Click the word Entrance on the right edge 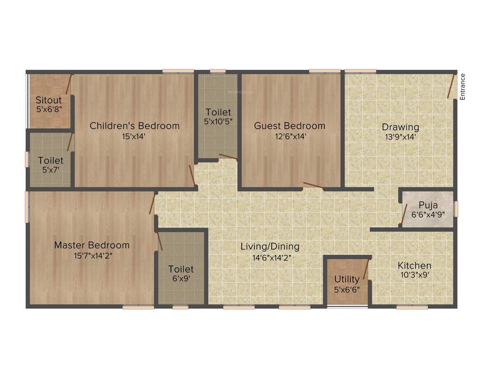[x=462, y=87]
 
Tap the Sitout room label [x=49, y=100]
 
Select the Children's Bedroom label [x=135, y=126]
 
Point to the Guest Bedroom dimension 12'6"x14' [x=290, y=136]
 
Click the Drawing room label [x=400, y=127]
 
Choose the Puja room [x=428, y=209]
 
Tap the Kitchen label [x=414, y=265]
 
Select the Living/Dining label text [x=270, y=247]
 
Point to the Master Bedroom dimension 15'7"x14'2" [x=93, y=256]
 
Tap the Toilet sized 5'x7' [x=51, y=165]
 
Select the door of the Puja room [x=404, y=213]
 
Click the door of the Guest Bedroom [x=313, y=186]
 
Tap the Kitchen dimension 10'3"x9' [x=414, y=276]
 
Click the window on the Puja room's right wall [x=456, y=209]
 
